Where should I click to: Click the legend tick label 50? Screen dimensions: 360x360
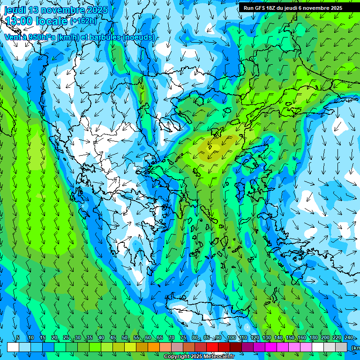[x=125, y=338]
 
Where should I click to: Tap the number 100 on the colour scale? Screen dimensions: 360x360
[x=232, y=338]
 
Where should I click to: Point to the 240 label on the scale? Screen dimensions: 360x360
[x=348, y=338]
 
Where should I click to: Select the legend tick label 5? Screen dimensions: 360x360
[x=18, y=338]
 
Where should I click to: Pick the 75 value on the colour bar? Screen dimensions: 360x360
[x=183, y=338]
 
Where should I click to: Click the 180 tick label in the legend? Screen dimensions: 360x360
[x=313, y=338]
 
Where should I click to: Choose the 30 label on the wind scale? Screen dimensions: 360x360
[x=78, y=338]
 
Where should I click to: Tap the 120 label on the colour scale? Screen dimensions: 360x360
[x=255, y=338]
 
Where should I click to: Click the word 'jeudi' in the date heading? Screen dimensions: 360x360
[x=15, y=10]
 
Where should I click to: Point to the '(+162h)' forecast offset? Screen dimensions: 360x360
[x=83, y=21]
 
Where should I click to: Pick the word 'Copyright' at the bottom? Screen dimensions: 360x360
[x=177, y=357]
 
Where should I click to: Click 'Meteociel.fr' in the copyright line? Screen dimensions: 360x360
[x=219, y=357]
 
